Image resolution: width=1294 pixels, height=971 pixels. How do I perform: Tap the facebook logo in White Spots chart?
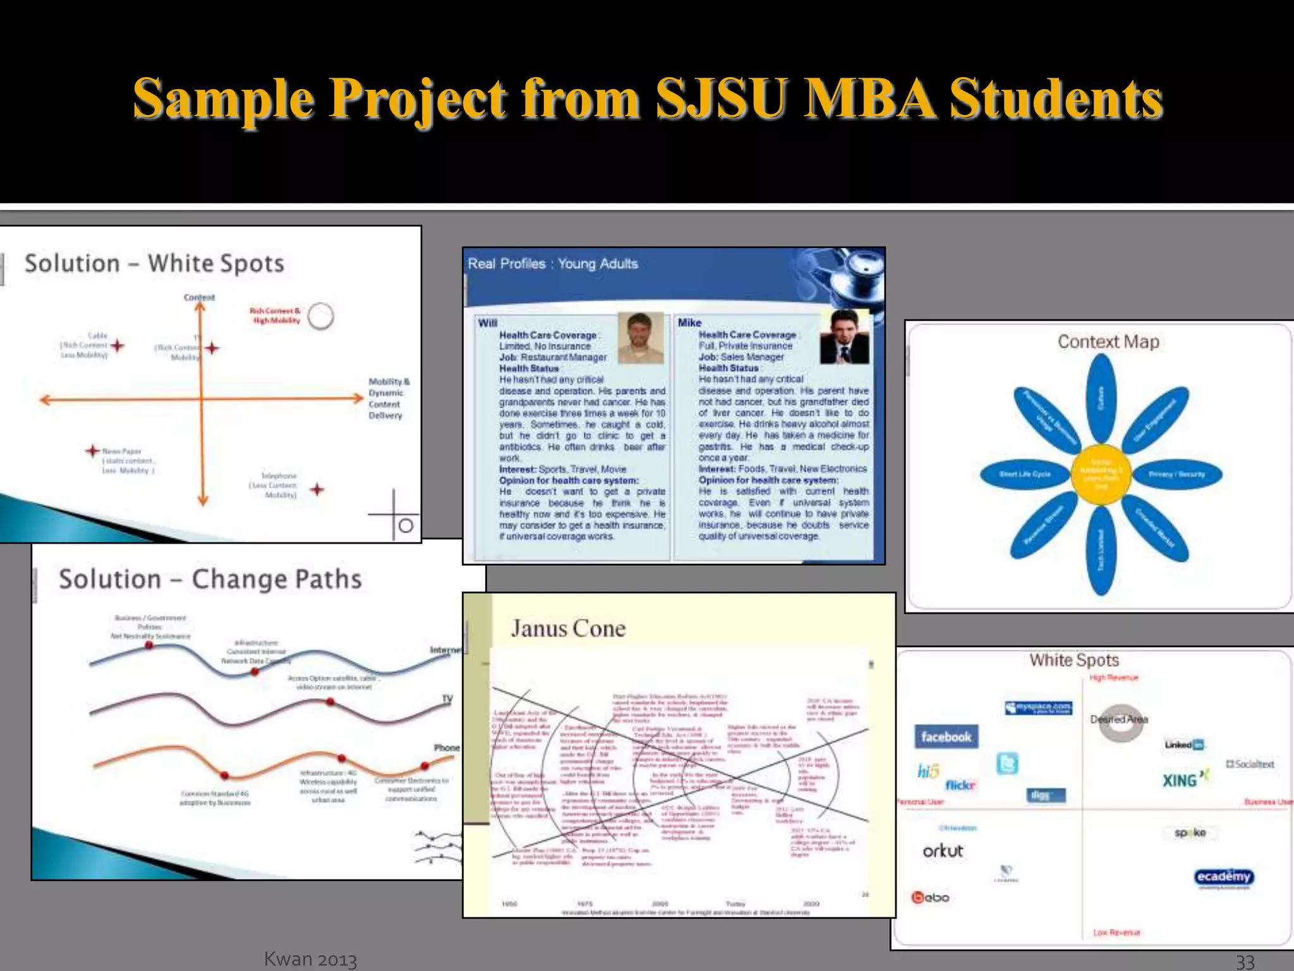coord(946,736)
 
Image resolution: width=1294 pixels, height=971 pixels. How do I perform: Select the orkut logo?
coord(943,851)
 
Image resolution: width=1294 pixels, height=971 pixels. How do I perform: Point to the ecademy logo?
coord(1223,877)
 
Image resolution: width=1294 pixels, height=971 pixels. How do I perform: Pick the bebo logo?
coord(930,897)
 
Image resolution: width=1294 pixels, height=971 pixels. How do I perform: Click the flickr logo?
coord(960,785)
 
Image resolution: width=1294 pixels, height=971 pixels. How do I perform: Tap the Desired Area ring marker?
coord(1120,723)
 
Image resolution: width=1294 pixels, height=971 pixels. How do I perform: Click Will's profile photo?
coord(641,338)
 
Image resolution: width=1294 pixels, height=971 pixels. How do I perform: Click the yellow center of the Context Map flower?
coord(1101,475)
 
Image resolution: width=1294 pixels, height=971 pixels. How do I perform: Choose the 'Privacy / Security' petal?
coord(1176,474)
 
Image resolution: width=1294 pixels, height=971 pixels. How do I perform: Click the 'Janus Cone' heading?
coord(568,628)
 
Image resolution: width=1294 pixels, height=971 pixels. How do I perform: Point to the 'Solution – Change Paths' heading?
coord(210,579)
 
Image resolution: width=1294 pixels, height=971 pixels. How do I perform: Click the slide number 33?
coord(1245,961)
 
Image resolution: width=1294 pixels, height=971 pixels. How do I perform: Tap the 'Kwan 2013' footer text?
coord(310,959)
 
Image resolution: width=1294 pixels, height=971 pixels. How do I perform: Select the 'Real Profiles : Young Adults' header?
coord(553,264)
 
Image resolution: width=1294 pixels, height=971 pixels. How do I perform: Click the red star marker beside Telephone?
coord(317,489)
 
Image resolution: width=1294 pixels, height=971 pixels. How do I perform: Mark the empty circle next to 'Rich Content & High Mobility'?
coord(321,316)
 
